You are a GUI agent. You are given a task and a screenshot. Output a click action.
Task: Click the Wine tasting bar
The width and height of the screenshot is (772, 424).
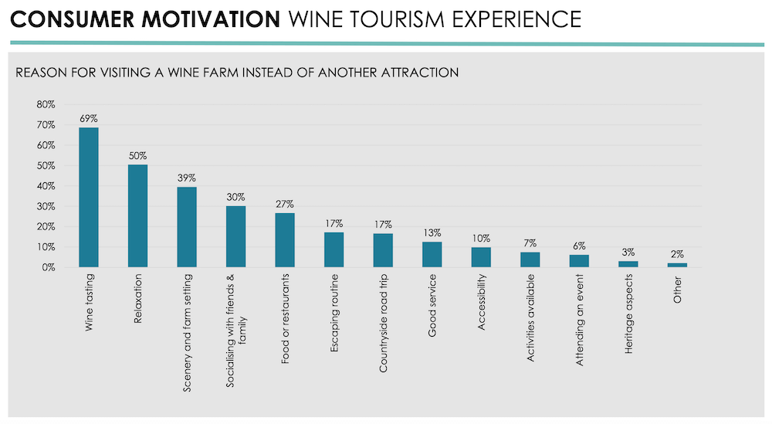coord(89,197)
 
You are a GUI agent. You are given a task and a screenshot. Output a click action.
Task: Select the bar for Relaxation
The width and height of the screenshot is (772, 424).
coord(137,216)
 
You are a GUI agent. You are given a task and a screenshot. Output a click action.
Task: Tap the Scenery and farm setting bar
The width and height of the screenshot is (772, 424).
coord(187,227)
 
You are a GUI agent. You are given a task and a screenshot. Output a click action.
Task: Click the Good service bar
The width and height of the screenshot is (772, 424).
coord(432,254)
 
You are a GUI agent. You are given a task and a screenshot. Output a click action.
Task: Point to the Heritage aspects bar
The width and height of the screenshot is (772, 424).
coord(628,264)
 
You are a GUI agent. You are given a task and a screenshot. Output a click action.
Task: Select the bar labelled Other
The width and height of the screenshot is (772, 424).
coord(677,265)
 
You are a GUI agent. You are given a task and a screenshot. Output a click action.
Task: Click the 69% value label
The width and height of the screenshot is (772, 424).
coord(89,119)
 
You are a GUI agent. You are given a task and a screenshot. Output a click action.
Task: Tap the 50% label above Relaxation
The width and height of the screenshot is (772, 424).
coord(137,156)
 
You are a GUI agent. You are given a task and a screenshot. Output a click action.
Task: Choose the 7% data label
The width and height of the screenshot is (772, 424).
coord(530,244)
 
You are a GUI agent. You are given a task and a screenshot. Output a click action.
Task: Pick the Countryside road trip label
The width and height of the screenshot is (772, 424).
coord(383,324)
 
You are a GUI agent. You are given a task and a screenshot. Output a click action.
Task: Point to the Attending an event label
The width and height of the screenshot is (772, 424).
coord(579,320)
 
